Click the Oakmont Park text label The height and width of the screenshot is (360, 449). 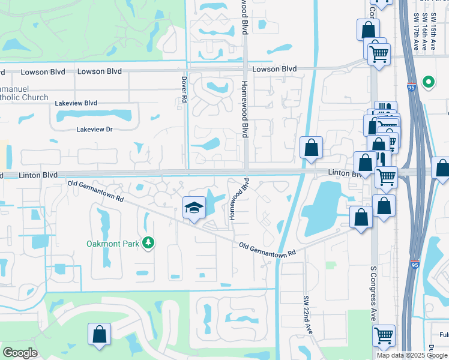point(112,243)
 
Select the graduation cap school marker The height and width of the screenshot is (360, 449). point(194,208)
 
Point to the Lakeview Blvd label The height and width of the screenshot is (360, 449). point(76,103)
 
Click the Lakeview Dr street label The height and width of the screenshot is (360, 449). point(95,129)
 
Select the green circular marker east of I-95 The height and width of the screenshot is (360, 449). point(429,82)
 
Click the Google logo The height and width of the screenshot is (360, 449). point(20,353)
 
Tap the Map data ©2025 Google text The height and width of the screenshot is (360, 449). point(412,355)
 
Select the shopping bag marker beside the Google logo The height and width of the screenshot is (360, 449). point(99,335)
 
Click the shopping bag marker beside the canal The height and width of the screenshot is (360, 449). point(312,148)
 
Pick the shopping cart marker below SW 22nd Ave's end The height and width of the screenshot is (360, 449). point(384,336)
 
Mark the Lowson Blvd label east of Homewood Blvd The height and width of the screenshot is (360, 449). point(274,69)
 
